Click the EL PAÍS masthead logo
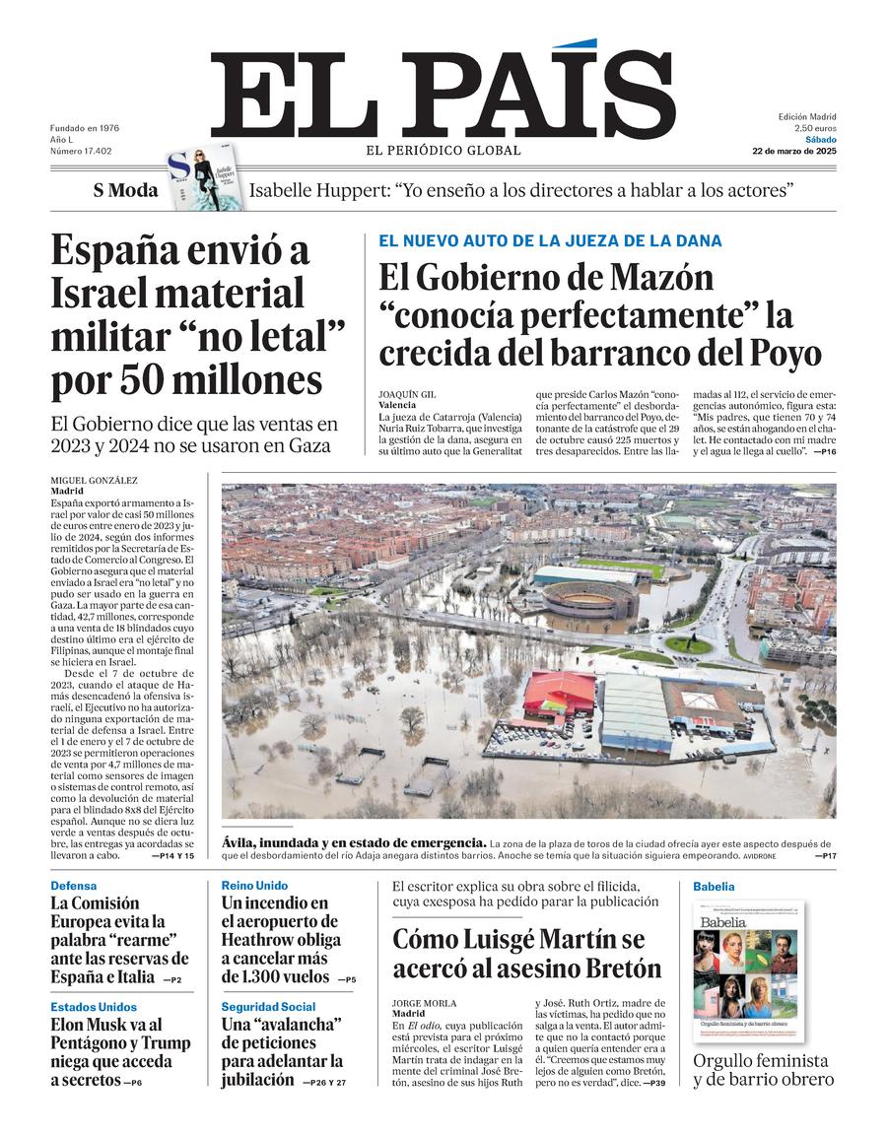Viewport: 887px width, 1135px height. [443, 94]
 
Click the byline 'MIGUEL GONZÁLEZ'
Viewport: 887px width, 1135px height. [95, 480]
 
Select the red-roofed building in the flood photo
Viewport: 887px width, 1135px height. [558, 694]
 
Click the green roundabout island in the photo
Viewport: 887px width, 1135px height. [688, 645]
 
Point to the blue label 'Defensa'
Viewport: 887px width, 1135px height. [74, 886]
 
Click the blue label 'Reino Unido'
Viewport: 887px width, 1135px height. [254, 886]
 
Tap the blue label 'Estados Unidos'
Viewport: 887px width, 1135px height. [94, 1007]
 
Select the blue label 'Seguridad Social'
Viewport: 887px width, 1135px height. [268, 1007]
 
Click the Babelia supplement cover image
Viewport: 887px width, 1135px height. [748, 970]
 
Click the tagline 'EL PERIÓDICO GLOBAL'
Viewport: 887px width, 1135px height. [443, 151]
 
